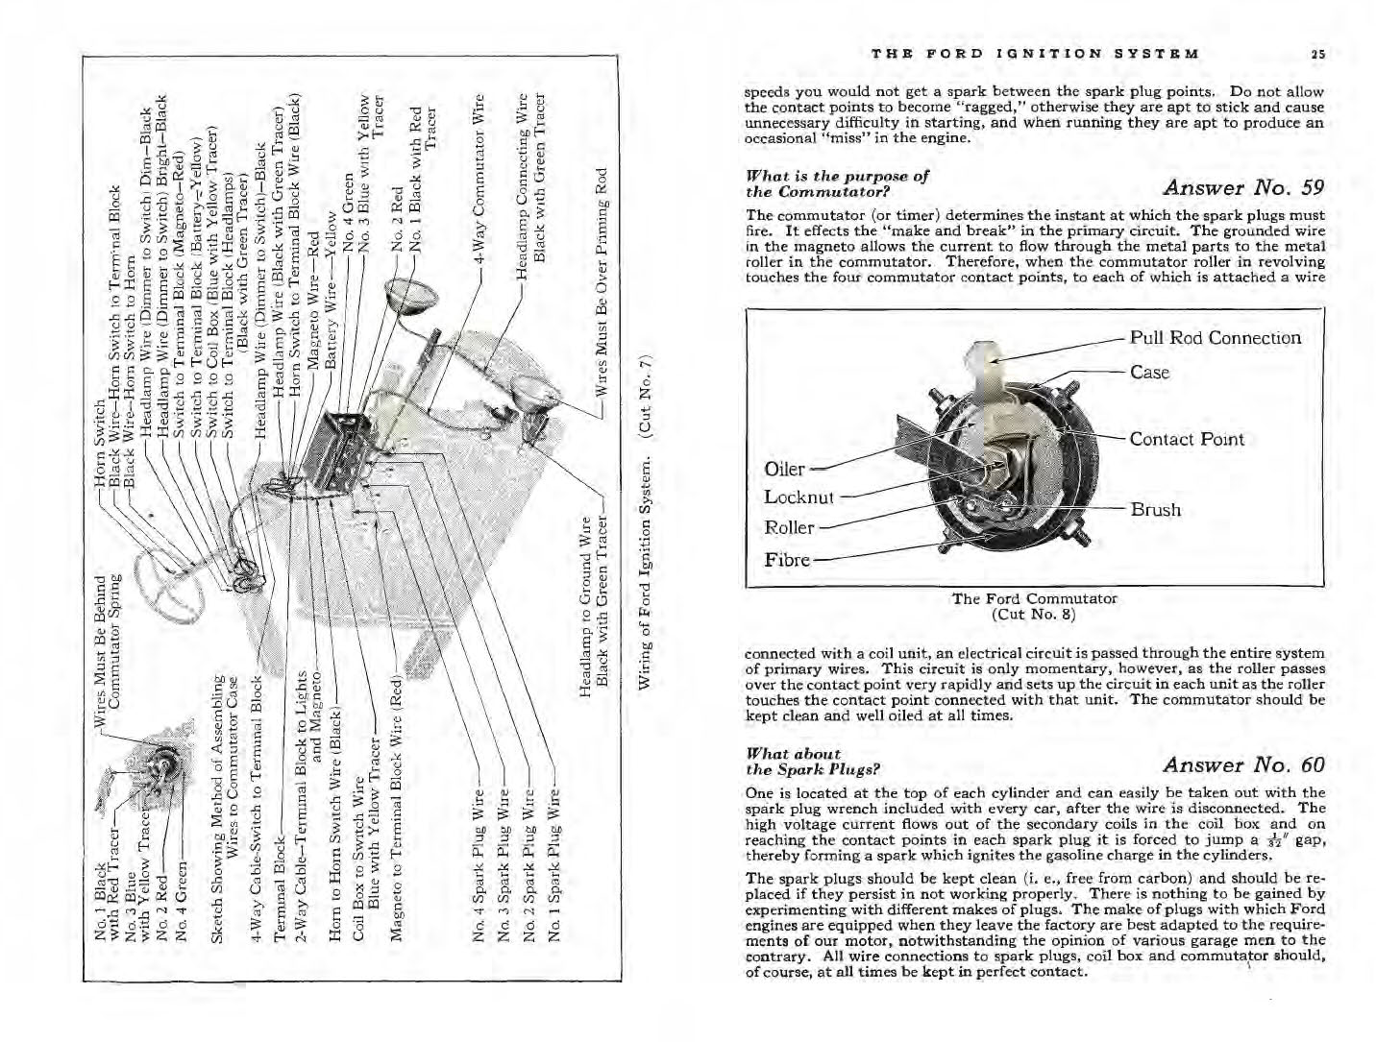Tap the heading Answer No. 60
(x=1242, y=764)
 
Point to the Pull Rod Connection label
(x=1215, y=337)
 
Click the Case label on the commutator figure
(x=1149, y=372)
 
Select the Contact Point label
(x=1186, y=439)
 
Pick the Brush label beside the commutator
(x=1155, y=509)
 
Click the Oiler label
(x=784, y=469)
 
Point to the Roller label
(x=789, y=527)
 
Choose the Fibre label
(x=786, y=559)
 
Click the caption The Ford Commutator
(x=1034, y=598)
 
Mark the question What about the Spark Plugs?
(x=812, y=762)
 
